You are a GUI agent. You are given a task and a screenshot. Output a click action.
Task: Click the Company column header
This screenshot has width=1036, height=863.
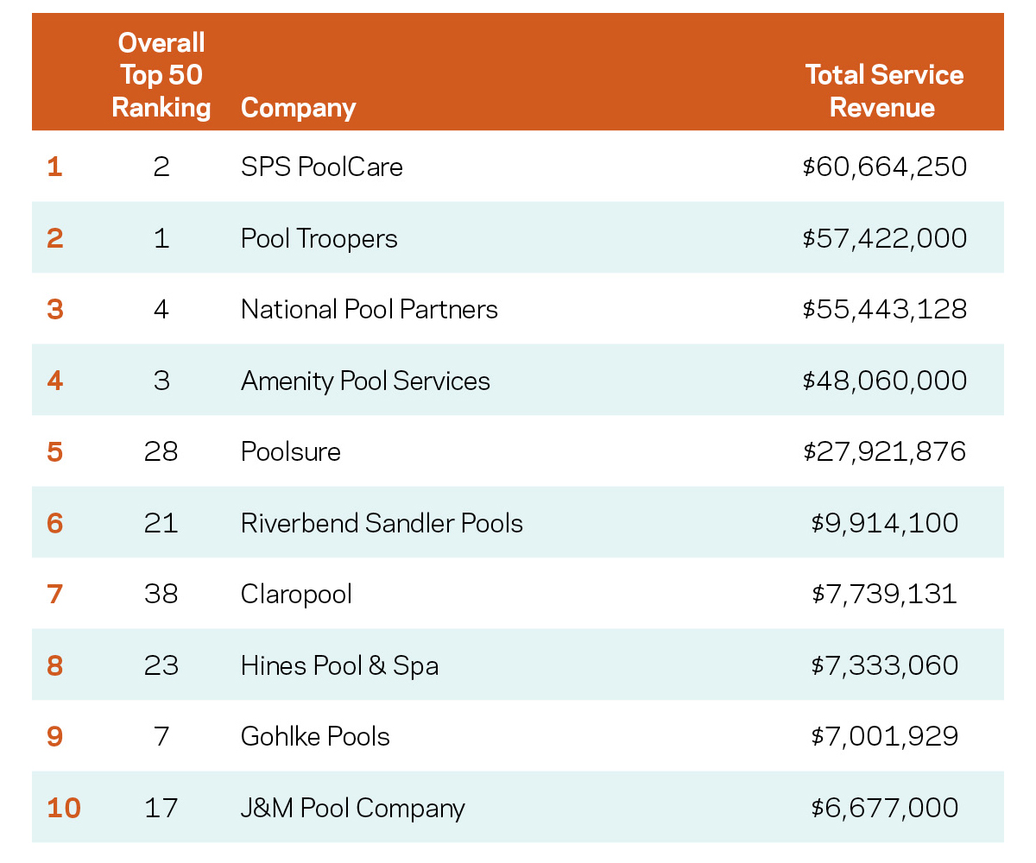(x=298, y=108)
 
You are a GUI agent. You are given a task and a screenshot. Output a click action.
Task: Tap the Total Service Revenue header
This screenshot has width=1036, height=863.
(x=883, y=91)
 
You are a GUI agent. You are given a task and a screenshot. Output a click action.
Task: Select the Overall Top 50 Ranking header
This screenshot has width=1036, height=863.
(x=161, y=75)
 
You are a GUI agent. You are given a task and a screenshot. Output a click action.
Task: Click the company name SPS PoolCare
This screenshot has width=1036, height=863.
(x=321, y=166)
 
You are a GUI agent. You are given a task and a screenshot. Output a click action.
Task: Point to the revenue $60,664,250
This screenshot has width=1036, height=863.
(x=884, y=166)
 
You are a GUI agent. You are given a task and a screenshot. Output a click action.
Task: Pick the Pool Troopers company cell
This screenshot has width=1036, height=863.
(x=319, y=237)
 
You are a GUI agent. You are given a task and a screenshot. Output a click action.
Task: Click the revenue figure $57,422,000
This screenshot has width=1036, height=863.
(x=884, y=237)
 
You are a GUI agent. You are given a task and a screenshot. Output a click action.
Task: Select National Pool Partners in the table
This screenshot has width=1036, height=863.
(x=369, y=309)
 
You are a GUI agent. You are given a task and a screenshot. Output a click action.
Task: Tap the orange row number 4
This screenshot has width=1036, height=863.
(x=55, y=381)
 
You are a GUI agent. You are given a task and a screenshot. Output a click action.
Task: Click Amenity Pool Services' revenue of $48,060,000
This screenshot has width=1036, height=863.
(x=884, y=381)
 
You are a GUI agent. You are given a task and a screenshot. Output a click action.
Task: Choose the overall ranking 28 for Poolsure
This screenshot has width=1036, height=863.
(x=161, y=451)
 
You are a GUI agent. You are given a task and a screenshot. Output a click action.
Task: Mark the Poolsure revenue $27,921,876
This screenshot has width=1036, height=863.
(x=884, y=451)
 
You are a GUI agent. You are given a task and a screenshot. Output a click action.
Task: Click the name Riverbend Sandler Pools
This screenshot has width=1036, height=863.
(x=382, y=523)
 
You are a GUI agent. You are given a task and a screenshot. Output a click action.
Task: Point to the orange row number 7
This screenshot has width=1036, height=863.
(x=55, y=595)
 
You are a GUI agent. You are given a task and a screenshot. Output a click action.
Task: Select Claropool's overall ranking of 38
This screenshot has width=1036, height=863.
(x=161, y=595)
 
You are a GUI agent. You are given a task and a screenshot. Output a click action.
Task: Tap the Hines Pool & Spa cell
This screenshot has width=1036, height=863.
(x=339, y=665)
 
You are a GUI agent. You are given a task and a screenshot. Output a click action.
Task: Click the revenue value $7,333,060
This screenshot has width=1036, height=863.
(x=884, y=665)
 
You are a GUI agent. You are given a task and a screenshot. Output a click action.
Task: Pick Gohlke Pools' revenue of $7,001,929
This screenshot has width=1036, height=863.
(x=884, y=736)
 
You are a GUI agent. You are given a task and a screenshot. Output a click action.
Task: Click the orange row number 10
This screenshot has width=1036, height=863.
(x=63, y=809)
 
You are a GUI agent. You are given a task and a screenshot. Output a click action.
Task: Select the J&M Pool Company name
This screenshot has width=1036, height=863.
(x=352, y=809)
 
